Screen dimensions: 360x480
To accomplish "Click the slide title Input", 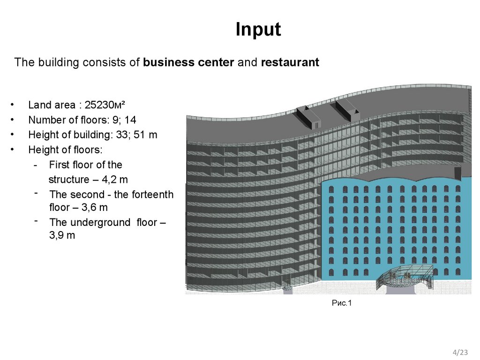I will click(x=258, y=30).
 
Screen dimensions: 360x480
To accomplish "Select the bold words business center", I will click(x=188, y=62).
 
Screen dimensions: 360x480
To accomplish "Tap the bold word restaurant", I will click(x=290, y=62).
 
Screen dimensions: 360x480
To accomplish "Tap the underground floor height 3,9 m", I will click(x=62, y=236).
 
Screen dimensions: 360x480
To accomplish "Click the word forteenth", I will click(x=151, y=194).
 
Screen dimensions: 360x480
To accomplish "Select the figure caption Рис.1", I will click(x=341, y=303).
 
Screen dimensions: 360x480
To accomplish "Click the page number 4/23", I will click(x=460, y=352).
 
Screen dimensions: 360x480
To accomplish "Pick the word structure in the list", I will click(x=68, y=180).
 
